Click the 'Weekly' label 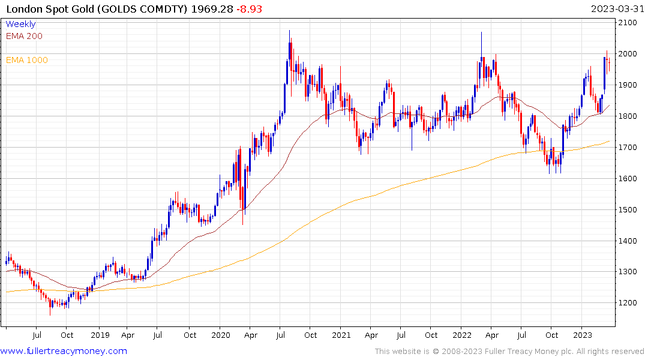pyautogui.click(x=20, y=24)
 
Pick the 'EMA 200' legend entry pyautogui.click(x=24, y=36)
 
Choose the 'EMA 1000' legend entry pyautogui.click(x=26, y=60)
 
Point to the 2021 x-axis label pyautogui.click(x=341, y=335)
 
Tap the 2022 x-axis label pyautogui.click(x=461, y=335)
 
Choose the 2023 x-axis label pyautogui.click(x=583, y=335)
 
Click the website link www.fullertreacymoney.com pyautogui.click(x=64, y=351)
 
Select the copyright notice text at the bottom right pyautogui.click(x=509, y=352)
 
